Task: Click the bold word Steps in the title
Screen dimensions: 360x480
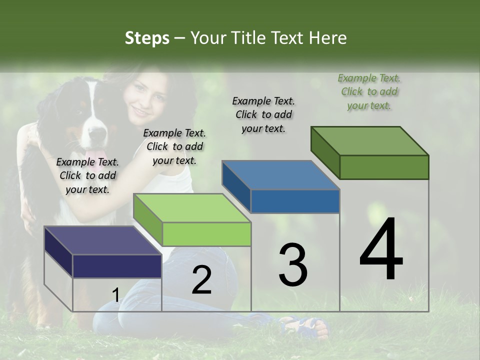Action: [147, 38]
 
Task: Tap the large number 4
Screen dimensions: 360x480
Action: [381, 250]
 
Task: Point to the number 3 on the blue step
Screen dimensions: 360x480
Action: [292, 265]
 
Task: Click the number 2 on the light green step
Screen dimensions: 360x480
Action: [201, 280]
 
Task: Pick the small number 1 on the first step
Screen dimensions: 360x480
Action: [115, 295]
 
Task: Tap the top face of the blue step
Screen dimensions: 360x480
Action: [280, 175]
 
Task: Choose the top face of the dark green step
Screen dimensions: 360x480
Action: [369, 140]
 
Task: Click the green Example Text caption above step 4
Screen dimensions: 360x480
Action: [369, 91]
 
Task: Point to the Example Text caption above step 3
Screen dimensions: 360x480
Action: [263, 114]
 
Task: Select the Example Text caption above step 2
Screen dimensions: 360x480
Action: [174, 146]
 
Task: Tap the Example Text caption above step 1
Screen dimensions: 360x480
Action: [87, 175]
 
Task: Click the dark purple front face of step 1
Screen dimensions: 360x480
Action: [117, 266]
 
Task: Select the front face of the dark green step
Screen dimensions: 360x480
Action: [384, 167]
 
